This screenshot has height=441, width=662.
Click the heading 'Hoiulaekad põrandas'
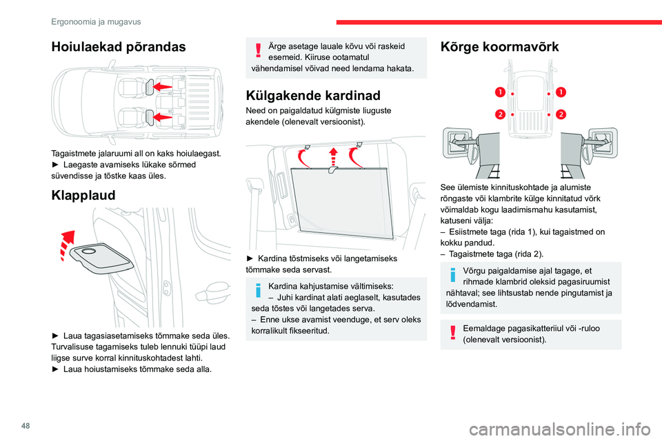pos(118,47)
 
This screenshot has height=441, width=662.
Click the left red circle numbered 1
pos(499,92)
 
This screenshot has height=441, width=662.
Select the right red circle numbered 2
pos(561,113)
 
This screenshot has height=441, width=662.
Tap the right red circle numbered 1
pos(561,92)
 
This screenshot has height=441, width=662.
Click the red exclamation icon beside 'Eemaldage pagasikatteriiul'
pos(454,334)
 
